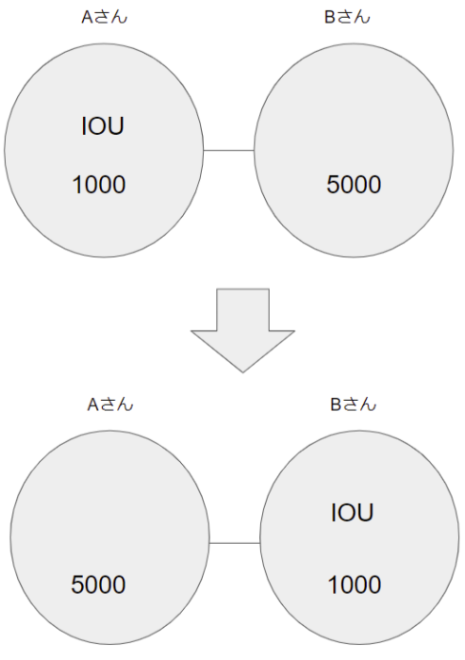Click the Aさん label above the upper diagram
104,17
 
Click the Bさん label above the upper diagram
347,17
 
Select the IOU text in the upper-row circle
103,125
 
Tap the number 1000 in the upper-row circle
99,185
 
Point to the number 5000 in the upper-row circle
354,185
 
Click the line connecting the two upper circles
228,150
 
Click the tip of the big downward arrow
242,372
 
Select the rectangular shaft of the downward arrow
242,310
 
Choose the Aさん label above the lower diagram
110,404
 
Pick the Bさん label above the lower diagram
353,404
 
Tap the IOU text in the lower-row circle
352,513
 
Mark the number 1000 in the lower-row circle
355,585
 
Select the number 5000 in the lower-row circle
98,585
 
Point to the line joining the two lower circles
235,543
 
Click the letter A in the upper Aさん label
87,18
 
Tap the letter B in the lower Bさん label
335,404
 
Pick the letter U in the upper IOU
116,126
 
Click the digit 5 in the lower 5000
77,586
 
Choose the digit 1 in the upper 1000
77,185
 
